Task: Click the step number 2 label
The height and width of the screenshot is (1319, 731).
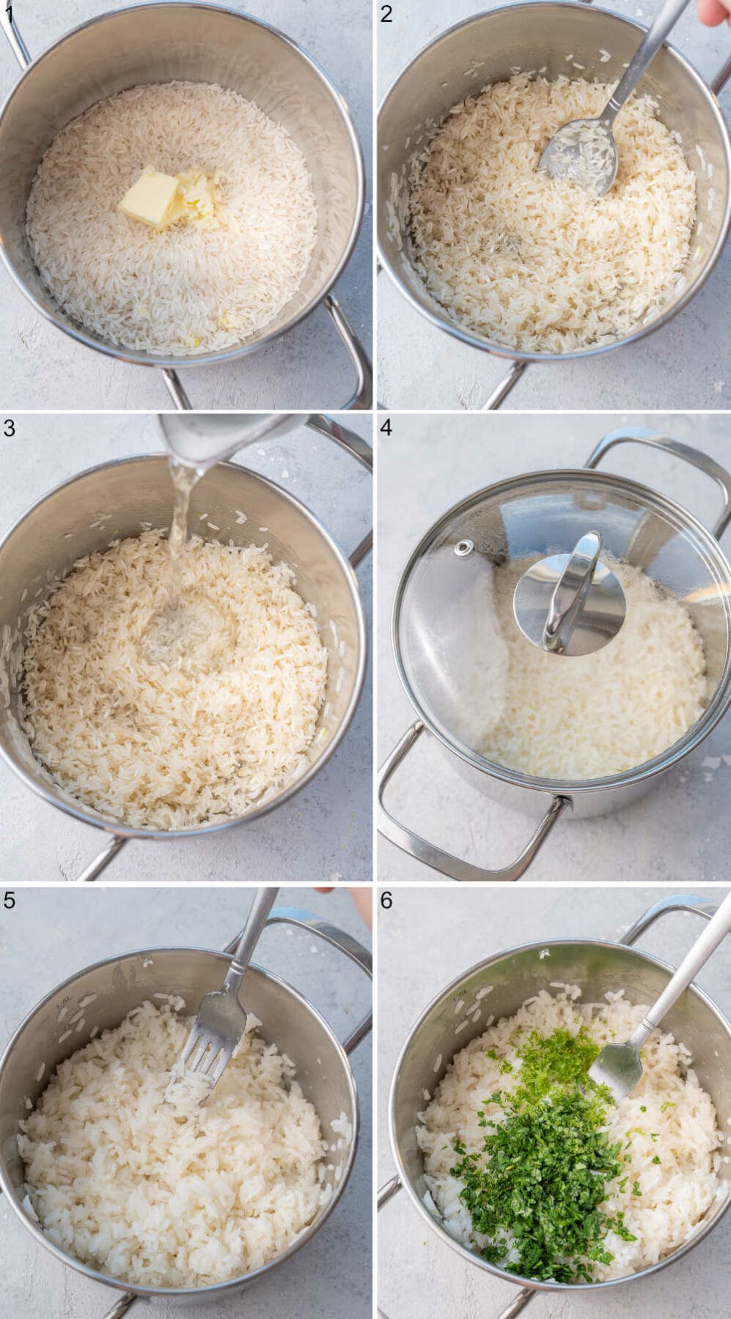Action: [x=387, y=13]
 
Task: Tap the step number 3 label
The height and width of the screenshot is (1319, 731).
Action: [x=8, y=428]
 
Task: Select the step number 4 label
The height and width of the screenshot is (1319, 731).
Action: [x=387, y=428]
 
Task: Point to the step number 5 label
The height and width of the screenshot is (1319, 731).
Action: [x=8, y=900]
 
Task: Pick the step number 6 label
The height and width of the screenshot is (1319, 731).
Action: [x=387, y=900]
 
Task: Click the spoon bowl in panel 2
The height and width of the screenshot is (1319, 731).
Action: [x=579, y=156]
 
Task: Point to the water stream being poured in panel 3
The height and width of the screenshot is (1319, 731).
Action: [x=177, y=513]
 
